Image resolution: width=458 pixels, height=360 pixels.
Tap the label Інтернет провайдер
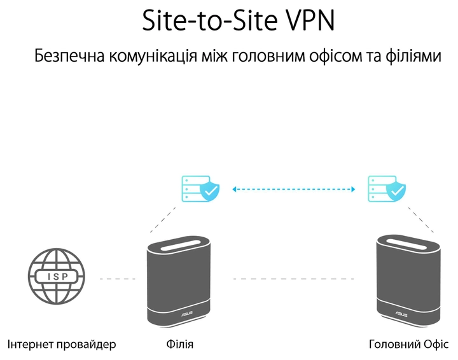pos(62,345)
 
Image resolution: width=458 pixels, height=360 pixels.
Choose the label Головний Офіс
pos(408,345)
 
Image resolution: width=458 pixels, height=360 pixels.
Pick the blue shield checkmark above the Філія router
pos(210,190)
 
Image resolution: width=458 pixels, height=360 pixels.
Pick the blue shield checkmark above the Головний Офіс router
pos(397,190)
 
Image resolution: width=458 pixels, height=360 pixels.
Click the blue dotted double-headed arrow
pos(293,189)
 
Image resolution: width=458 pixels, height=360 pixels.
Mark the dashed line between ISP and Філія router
pos(118,279)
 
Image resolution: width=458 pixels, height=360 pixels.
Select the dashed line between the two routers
pos(293,279)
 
